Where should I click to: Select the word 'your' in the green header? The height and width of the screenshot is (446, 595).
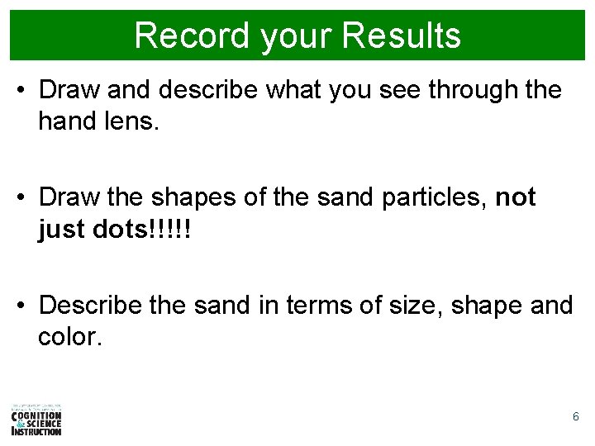[286, 36]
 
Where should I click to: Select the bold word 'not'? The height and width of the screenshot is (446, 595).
[516, 198]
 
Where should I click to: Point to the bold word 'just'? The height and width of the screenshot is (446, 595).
[61, 230]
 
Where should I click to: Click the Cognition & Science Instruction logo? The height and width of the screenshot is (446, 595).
[36, 420]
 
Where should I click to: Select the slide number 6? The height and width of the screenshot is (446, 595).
[576, 417]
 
